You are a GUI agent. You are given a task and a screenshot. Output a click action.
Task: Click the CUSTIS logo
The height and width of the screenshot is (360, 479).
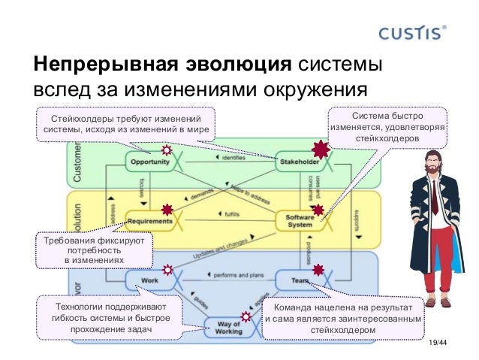click(x=414, y=33)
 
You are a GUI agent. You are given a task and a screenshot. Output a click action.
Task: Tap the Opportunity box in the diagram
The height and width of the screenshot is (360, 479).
click(x=149, y=162)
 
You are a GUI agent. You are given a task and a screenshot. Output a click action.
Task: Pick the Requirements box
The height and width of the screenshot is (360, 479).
click(x=150, y=221)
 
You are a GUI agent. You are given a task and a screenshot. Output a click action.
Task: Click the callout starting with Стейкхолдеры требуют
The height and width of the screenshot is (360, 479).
click(x=125, y=125)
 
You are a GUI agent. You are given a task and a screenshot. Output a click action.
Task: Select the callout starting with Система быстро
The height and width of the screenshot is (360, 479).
click(x=387, y=129)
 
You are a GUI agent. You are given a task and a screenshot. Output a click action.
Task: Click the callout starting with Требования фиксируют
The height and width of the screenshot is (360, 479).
click(x=90, y=250)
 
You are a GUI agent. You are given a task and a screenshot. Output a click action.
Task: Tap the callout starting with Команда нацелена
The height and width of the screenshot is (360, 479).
click(x=342, y=319)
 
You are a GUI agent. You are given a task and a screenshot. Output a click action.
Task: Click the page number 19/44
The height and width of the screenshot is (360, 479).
click(x=436, y=344)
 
